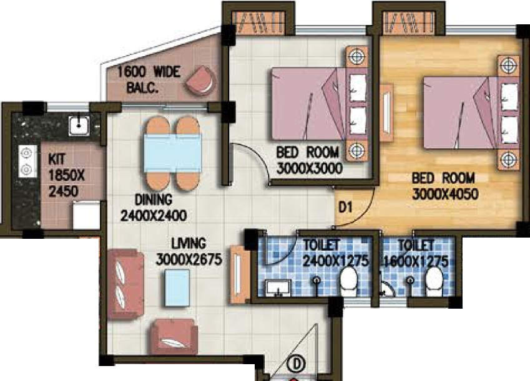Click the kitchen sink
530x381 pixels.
tap(79, 126)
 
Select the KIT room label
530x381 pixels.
tap(56, 158)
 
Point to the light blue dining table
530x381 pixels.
tap(173, 153)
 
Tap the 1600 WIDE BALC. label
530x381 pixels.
tap(149, 80)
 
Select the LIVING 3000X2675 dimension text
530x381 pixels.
tap(189, 252)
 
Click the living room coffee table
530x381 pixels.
tap(177, 288)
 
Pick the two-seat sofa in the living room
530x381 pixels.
tap(125, 284)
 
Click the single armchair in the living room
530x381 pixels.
tap(174, 337)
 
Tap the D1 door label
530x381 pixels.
tap(345, 207)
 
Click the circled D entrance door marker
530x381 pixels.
tap(297, 364)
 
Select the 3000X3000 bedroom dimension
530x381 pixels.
tap(309, 168)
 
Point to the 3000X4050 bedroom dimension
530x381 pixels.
tap(445, 194)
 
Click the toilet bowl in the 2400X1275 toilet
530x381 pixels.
tap(349, 281)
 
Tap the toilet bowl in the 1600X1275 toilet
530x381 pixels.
tap(434, 281)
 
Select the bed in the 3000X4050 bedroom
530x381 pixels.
tap(471, 112)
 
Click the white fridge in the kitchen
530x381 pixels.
tap(87, 215)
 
